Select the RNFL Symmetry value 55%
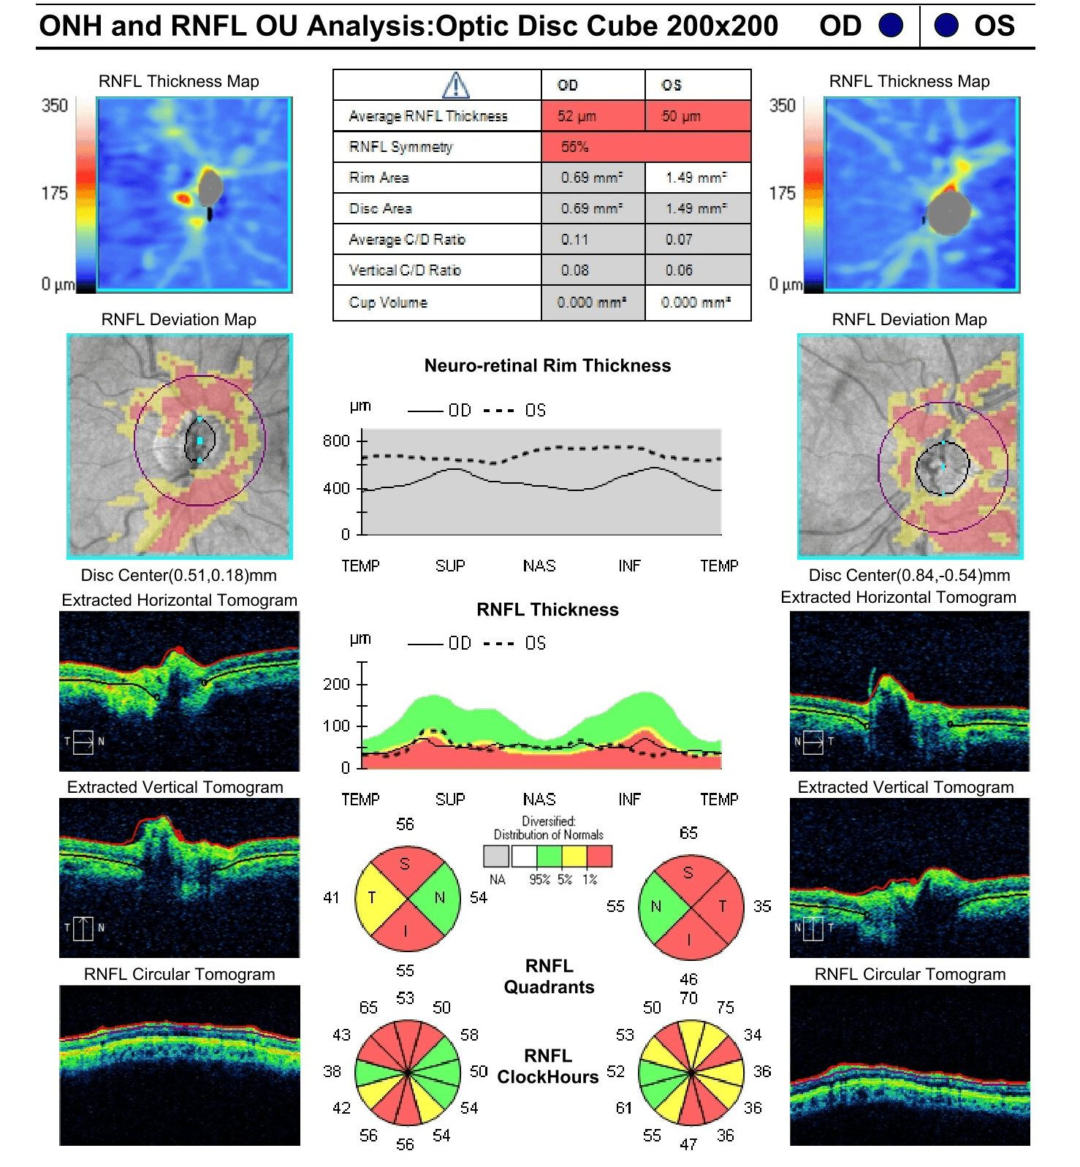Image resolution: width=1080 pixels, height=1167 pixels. tap(574, 147)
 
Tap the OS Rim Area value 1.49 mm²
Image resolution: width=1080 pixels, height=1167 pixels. tap(696, 178)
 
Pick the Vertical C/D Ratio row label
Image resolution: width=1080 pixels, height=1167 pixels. tap(405, 270)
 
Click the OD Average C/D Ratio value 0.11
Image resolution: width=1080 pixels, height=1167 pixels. tap(574, 240)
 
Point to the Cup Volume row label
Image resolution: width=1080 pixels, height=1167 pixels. tap(388, 303)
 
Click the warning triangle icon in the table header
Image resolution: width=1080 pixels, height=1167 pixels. tap(456, 85)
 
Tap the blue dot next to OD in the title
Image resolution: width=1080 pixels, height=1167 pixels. tap(890, 26)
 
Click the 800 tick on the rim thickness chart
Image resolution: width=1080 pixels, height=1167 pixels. tap(336, 441)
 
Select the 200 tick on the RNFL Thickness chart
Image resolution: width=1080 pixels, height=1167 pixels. tap(336, 684)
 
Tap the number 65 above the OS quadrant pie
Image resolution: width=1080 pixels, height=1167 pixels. tap(688, 833)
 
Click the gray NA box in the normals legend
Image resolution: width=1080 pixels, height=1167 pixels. tap(496, 856)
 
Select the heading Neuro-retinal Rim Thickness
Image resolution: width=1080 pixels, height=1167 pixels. tap(547, 365)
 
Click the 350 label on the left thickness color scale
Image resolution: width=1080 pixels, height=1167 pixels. tap(54, 106)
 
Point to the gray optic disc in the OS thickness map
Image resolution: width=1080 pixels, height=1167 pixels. tap(949, 213)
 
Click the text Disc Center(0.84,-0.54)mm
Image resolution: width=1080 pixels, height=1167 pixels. tap(909, 575)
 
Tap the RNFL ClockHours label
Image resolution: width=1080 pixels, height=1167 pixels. tap(548, 1066)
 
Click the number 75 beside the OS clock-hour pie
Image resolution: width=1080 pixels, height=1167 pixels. tap(725, 1008)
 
